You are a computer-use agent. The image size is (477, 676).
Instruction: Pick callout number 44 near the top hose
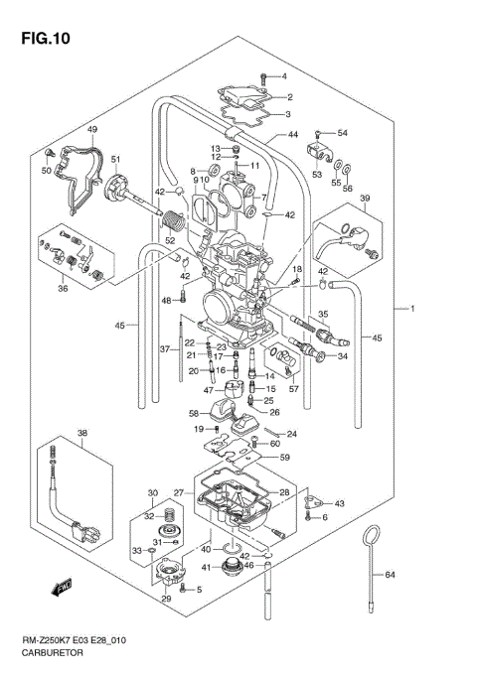tap(292, 135)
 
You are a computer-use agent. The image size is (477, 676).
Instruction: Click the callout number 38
tap(82, 433)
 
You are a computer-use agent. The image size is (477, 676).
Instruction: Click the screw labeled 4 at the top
tap(263, 76)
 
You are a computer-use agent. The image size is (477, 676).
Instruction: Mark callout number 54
tap(342, 132)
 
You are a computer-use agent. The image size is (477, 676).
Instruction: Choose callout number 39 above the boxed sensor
tap(364, 199)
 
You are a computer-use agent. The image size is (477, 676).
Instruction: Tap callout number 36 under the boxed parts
tap(63, 290)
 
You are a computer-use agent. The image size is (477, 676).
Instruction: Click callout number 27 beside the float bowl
tap(179, 492)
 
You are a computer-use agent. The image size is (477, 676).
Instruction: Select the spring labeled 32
tap(171, 516)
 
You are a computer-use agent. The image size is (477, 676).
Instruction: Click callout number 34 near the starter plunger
tap(344, 356)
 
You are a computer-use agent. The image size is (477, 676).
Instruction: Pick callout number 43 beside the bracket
tap(340, 504)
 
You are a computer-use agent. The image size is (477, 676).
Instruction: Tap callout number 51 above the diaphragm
tap(115, 160)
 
